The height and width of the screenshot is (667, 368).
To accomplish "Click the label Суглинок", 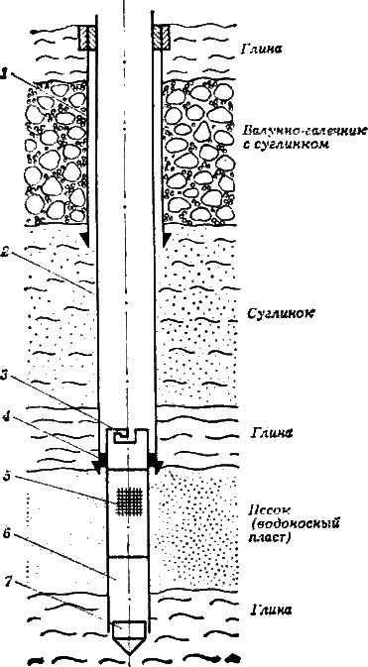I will coord(279,309).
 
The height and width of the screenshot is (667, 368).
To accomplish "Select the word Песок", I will coord(269,511).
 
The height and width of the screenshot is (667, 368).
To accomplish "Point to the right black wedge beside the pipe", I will coord(154,465).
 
